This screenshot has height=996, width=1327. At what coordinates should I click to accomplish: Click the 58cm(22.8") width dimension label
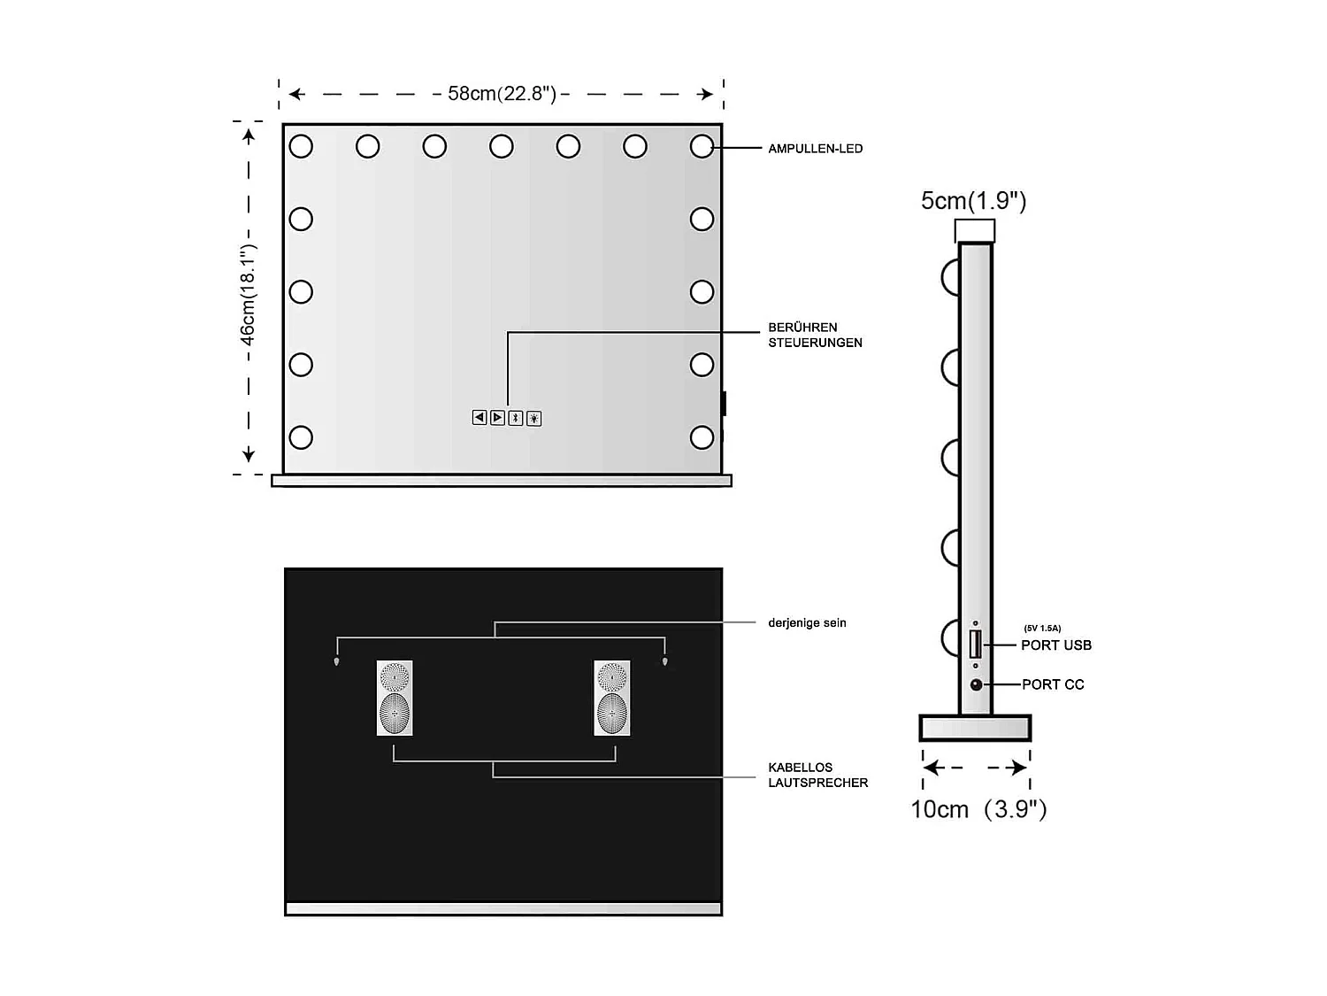tap(502, 94)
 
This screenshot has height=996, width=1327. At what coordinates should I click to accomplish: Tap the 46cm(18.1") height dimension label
tap(248, 297)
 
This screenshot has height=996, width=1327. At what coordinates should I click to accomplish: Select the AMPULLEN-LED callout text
tap(815, 149)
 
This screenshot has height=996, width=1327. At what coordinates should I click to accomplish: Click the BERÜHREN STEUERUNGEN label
tap(814, 335)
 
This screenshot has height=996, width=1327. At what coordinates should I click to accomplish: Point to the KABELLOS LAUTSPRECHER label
tap(817, 775)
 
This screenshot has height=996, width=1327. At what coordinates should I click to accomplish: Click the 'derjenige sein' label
tap(807, 622)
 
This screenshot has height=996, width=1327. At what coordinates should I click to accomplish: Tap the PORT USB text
tap(1055, 645)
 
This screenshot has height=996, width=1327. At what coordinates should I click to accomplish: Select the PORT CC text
tap(1053, 684)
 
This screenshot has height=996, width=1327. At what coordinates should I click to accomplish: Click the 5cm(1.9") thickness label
tap(973, 201)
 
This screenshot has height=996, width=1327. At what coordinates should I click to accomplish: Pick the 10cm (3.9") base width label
tap(978, 809)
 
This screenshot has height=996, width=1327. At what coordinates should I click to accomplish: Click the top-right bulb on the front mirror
tap(702, 146)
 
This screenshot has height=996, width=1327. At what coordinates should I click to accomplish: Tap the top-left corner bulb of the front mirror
tap(301, 146)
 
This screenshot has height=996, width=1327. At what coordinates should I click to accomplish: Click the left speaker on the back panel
tap(395, 698)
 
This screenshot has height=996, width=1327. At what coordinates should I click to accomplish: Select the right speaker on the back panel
tap(612, 698)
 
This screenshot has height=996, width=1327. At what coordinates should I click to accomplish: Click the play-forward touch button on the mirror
tap(498, 418)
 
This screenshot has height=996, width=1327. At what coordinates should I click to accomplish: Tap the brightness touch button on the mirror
tap(534, 418)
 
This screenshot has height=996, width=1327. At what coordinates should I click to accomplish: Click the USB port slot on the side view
tap(975, 644)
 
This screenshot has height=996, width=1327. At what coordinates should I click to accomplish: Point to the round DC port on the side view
tap(976, 684)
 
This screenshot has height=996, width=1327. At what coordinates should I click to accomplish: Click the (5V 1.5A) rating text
tap(1042, 628)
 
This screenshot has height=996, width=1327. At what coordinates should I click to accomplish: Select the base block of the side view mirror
tap(975, 728)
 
